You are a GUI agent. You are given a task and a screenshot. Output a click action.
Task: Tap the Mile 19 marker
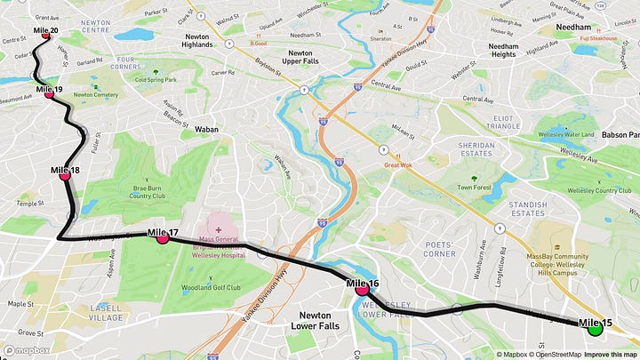click(50, 93)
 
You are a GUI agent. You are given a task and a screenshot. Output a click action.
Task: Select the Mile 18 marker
click(65, 174)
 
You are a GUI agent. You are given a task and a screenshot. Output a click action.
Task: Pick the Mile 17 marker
click(162, 237)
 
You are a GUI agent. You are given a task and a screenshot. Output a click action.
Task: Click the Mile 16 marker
click(362, 288)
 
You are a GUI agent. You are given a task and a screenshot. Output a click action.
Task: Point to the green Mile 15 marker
click(596, 328)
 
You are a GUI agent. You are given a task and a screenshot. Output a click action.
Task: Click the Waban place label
click(205, 129)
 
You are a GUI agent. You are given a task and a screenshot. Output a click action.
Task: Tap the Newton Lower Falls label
click(310, 320)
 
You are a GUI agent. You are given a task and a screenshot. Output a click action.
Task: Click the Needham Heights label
click(503, 50)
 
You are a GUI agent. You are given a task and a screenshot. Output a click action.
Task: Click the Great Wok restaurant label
click(401, 164)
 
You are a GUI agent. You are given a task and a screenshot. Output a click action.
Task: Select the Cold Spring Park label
click(155, 77)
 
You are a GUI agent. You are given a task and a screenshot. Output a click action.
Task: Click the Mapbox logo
click(26, 350)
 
